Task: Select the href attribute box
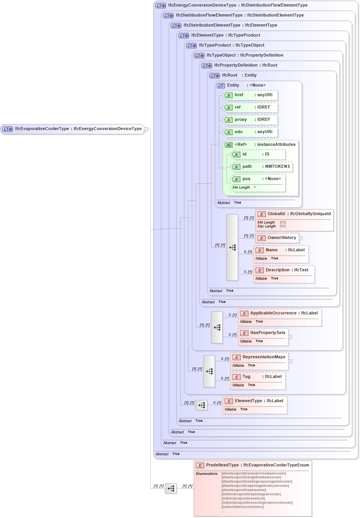pos(250,95)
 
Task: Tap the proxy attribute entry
pos(250,120)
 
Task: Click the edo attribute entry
pos(250,132)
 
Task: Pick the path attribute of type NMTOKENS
pos(262,167)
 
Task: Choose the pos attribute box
pos(258,179)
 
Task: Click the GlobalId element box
pos(295,214)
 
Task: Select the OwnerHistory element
pos(277,238)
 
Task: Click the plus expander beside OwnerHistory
pos(301,238)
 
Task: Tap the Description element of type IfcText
pos(284,270)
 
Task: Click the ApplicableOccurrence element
pos(280,313)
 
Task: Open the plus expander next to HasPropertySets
pos(290,337)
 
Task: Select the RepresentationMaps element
pos(260,357)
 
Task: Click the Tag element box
pos(258,377)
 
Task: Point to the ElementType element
pos(255,401)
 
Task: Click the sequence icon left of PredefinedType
pos(171,488)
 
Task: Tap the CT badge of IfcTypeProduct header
pos(191,45)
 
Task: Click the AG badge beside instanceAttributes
pos(229,145)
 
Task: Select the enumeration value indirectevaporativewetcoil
pos(243,498)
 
